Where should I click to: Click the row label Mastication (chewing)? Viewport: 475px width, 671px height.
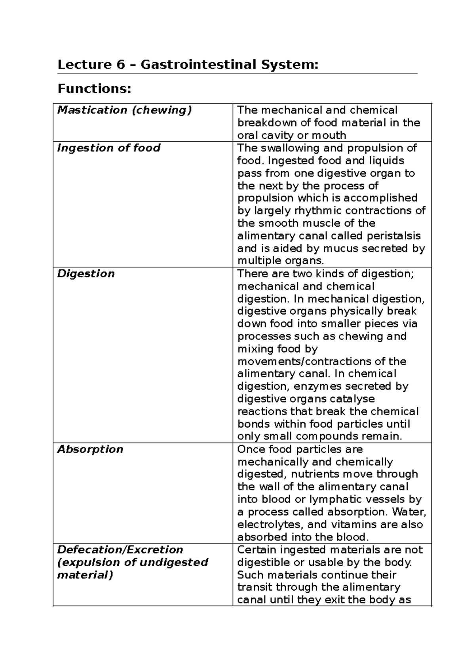point(124,110)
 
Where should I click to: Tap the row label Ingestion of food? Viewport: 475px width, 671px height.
point(108,148)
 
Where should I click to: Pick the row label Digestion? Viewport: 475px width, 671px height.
point(85,274)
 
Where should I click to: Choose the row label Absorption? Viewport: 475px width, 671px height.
point(90,449)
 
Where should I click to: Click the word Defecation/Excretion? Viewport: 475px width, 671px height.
point(120,550)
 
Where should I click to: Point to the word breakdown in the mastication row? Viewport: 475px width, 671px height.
point(264,123)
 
